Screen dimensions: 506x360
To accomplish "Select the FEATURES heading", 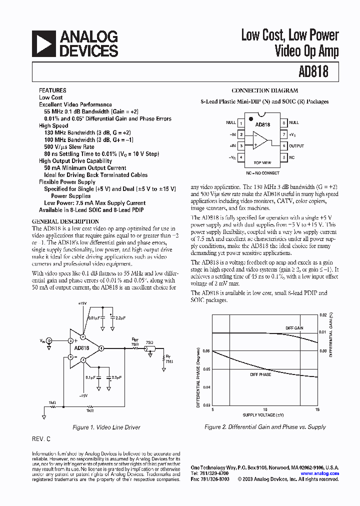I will pos(52,90).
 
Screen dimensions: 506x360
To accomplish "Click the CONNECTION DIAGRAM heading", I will pos(264,90).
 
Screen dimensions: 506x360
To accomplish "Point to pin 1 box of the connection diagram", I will pos(241,122).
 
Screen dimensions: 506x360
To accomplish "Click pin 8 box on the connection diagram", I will pos(283,122).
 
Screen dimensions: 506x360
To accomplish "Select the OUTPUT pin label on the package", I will pos(296,146).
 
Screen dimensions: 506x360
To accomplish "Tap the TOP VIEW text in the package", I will pos(262,163).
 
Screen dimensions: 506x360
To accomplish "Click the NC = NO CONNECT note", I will pos(262,173).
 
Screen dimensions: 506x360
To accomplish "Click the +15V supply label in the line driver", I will pos(82,303).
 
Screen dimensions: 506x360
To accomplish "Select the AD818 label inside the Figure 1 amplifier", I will pos(81,348).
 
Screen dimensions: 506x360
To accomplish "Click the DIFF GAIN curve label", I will pos(294,328).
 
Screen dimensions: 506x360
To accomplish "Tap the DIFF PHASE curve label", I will pos(260,374).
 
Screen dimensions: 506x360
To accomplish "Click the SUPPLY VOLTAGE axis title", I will pos(263,415).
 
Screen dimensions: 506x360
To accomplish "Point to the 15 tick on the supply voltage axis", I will pos(317,409).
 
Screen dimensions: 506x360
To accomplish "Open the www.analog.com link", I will pos(320,473).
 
